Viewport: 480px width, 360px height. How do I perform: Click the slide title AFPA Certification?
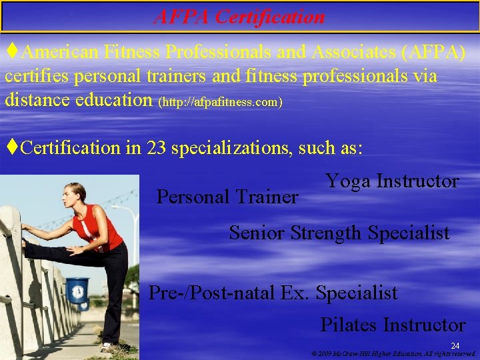point(239,16)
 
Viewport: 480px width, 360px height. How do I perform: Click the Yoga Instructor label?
point(392,181)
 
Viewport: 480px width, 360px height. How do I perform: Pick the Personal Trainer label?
point(227,197)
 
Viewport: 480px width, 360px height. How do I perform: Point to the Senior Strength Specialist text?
point(339,233)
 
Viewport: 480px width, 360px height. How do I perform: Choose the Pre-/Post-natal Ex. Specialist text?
point(273,293)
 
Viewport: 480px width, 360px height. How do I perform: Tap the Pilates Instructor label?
point(393,325)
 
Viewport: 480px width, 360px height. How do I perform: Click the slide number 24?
point(455,345)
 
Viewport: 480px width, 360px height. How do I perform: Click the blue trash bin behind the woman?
point(77,290)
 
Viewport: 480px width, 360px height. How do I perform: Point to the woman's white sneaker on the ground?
point(107,347)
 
